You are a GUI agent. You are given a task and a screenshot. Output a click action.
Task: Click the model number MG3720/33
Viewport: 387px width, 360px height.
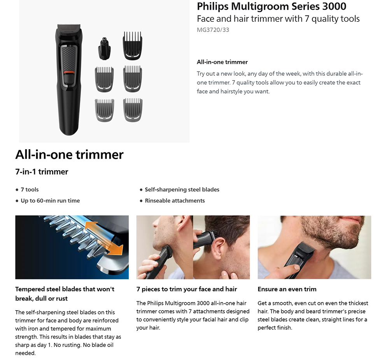point(213,30)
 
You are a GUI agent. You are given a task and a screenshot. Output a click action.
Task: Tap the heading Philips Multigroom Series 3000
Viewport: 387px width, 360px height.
point(271,7)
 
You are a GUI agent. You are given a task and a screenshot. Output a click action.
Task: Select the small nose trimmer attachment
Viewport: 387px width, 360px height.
point(105,48)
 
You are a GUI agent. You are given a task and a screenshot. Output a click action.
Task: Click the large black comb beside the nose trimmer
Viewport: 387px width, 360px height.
point(133,45)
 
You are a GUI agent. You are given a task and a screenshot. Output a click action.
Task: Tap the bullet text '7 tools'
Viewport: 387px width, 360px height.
point(30,189)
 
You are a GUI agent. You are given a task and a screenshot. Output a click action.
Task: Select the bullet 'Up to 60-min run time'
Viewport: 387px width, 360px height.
point(50,201)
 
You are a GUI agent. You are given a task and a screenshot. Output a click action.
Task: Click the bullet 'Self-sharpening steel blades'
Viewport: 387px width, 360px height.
point(182,189)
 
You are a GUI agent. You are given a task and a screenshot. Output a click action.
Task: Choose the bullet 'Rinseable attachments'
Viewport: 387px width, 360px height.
point(175,201)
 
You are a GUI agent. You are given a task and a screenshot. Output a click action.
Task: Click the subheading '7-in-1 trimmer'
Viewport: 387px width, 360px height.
point(42,171)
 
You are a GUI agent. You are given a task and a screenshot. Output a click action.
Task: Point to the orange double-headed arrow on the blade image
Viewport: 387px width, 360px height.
point(104,238)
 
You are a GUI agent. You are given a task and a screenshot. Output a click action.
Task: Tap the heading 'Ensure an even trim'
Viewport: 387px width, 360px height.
point(287,289)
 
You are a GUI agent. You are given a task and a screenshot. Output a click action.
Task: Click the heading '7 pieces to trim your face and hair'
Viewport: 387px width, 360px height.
point(187,289)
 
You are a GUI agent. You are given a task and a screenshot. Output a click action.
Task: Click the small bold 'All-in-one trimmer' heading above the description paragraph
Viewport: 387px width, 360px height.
point(222,62)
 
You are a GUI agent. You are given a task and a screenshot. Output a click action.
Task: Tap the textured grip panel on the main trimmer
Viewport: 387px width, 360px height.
point(69,58)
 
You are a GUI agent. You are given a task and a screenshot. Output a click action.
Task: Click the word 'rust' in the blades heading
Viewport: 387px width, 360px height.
point(61,298)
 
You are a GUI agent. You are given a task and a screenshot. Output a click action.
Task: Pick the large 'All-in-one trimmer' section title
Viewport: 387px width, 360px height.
point(69,155)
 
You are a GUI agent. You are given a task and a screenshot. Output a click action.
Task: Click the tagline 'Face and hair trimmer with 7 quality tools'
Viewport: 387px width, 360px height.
point(278,19)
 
